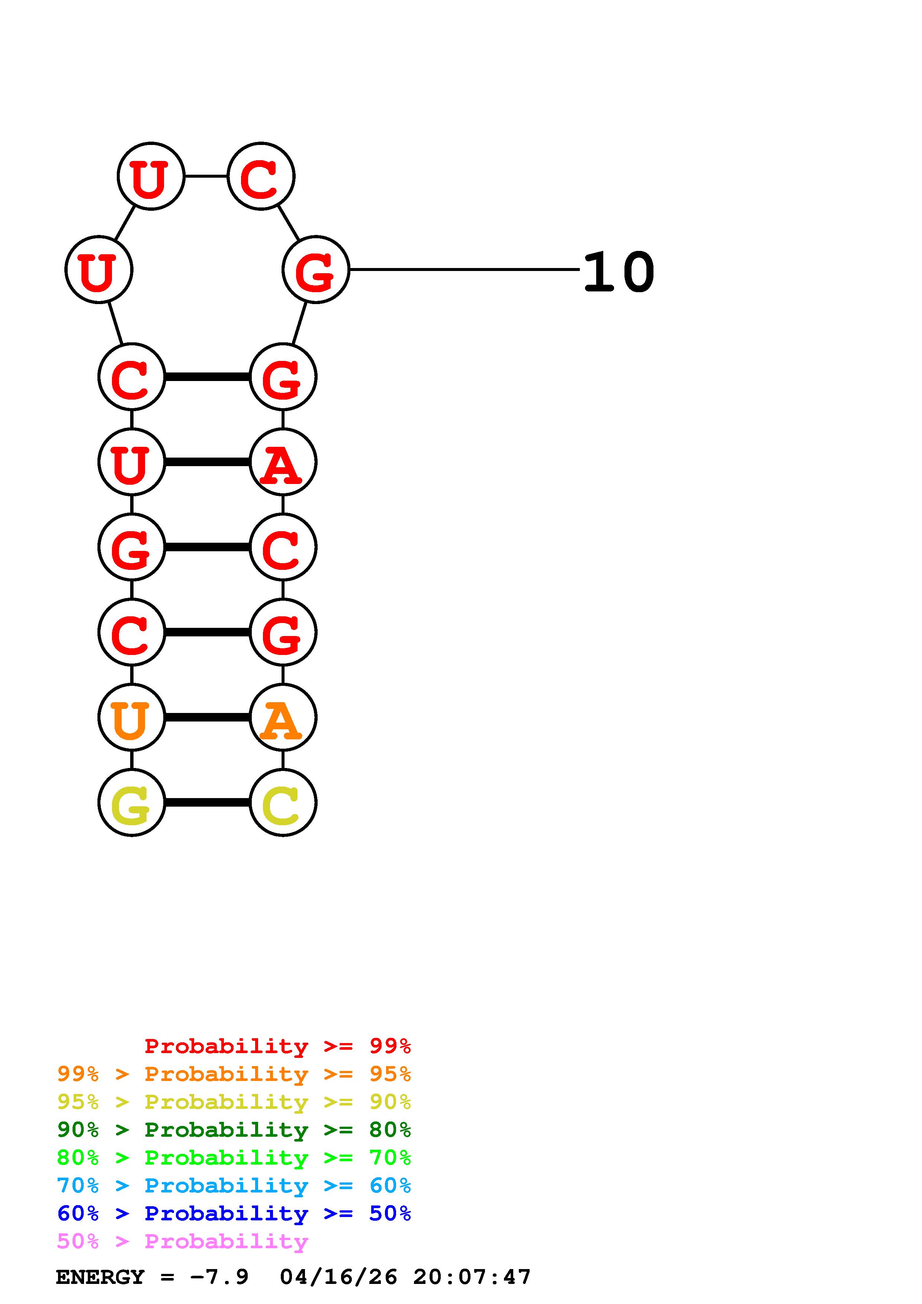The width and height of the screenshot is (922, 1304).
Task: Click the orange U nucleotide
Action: pyautogui.click(x=131, y=717)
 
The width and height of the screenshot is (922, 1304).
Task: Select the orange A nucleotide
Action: pyautogui.click(x=282, y=717)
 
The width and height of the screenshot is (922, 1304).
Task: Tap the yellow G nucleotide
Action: pyautogui.click(x=131, y=803)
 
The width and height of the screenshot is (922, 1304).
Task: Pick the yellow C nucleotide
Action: pyautogui.click(x=282, y=803)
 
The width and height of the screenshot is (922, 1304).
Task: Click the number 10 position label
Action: pyautogui.click(x=619, y=272)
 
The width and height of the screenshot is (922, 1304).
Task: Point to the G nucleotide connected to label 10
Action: pyautogui.click(x=315, y=270)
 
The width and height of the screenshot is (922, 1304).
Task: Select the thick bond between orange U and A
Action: pyautogui.click(x=207, y=717)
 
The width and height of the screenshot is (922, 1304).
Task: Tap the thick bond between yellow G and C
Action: pyautogui.click(x=207, y=803)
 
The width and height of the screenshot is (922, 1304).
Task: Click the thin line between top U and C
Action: pyautogui.click(x=206, y=176)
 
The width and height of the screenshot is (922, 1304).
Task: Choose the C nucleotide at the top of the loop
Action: pyautogui.click(x=261, y=176)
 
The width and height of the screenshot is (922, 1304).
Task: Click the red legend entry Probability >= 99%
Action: pyautogui.click(x=277, y=1046)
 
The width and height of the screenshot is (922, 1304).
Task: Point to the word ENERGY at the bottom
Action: pyautogui.click(x=100, y=1277)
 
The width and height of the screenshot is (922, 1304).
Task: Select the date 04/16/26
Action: pyautogui.click(x=338, y=1277)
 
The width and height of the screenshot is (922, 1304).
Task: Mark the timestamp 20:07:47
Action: pyautogui.click(x=472, y=1277)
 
